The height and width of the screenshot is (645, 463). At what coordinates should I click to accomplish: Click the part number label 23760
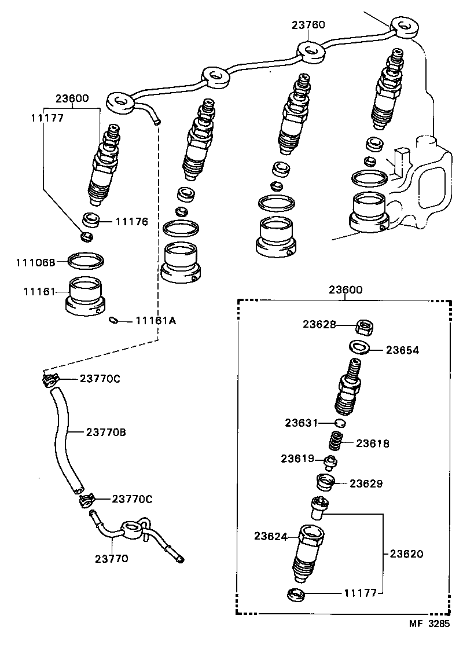tap(308, 25)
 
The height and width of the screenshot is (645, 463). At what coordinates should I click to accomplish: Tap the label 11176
tap(131, 221)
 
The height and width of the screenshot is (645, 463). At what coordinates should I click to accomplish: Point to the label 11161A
tap(155, 320)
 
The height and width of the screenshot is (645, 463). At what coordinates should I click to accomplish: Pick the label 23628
tap(319, 325)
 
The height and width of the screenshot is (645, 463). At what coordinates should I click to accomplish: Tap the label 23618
tap(373, 444)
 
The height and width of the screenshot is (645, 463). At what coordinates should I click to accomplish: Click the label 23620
tap(406, 554)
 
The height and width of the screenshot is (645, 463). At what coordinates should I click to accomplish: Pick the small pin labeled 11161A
tap(115, 321)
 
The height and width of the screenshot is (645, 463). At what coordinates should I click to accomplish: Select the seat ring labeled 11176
tap(91, 219)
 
